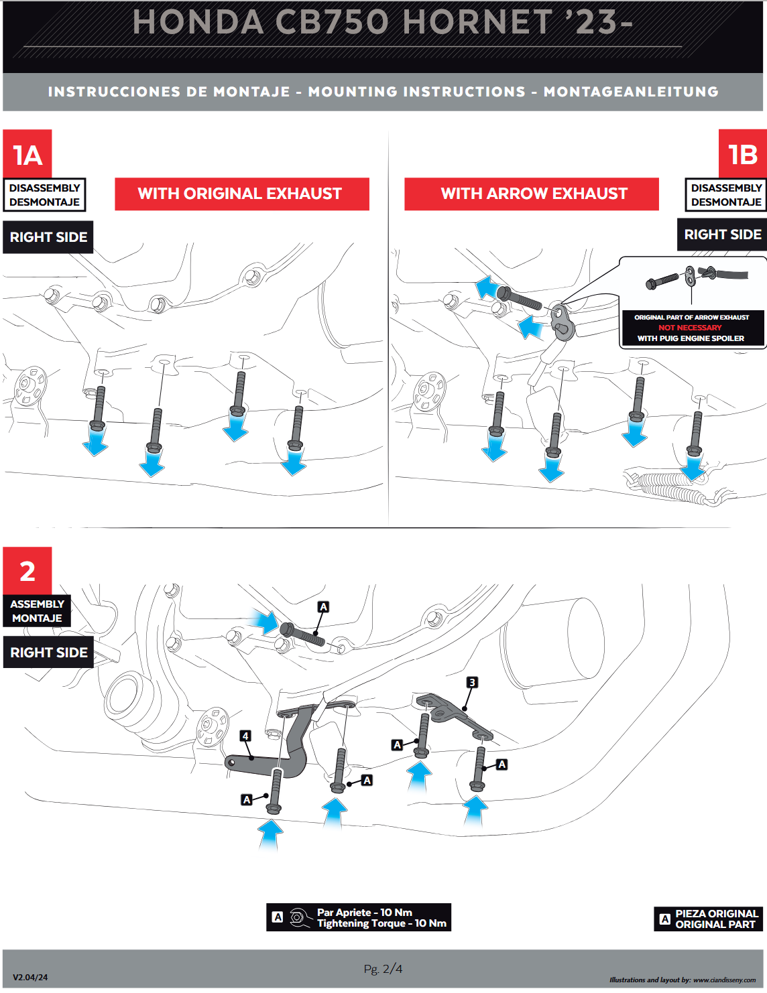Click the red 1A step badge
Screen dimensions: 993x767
click(27, 154)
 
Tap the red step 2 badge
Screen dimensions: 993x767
click(27, 571)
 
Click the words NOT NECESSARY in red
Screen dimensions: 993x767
click(690, 328)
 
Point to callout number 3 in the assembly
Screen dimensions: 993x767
click(472, 682)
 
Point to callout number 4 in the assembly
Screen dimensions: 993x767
click(245, 736)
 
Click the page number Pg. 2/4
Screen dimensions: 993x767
click(383, 969)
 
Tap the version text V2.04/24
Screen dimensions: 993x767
click(30, 978)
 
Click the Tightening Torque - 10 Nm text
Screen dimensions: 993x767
click(381, 923)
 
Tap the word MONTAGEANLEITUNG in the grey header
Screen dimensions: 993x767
click(631, 92)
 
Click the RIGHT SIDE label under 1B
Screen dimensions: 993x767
click(722, 235)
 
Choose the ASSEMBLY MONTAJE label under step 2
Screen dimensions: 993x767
click(37, 611)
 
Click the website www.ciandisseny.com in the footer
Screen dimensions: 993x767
click(724, 980)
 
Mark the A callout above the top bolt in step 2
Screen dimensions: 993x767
click(323, 606)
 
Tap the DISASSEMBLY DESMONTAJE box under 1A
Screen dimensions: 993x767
click(44, 195)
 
